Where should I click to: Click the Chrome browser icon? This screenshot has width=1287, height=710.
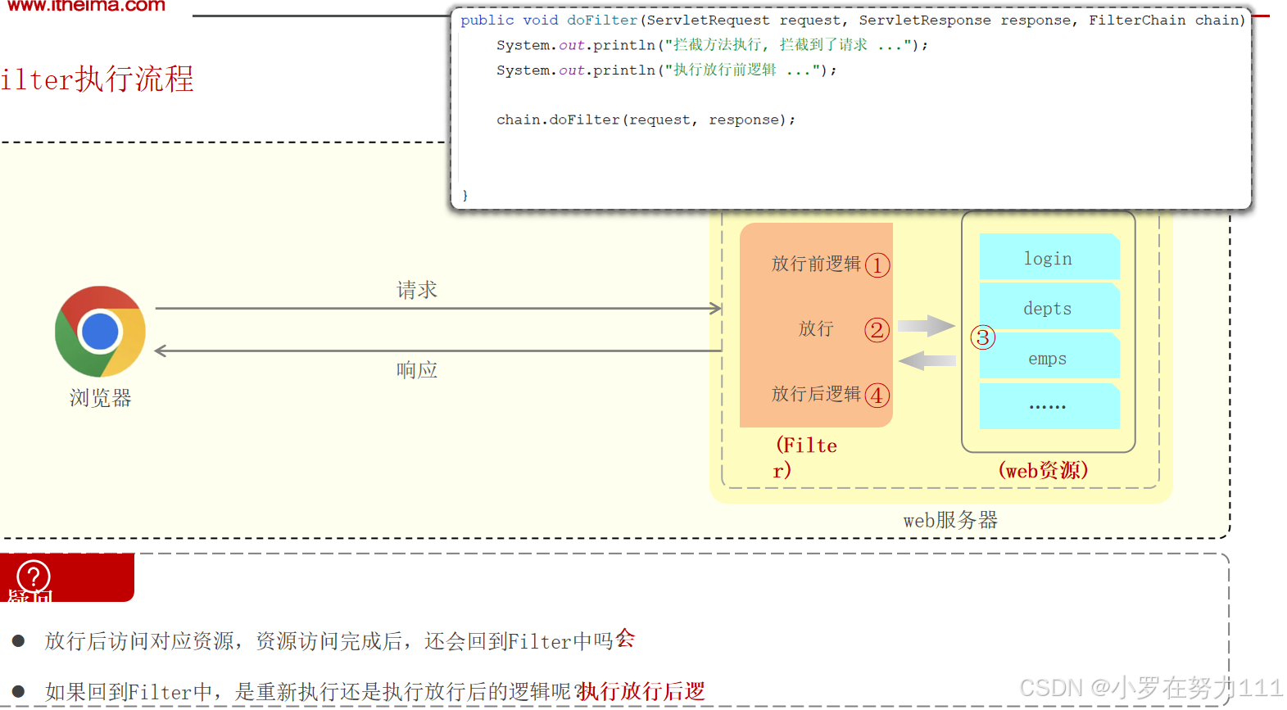pyautogui.click(x=100, y=331)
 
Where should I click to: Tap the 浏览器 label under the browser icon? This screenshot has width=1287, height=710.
pyautogui.click(x=100, y=398)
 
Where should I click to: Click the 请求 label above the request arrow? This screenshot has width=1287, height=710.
pyautogui.click(x=417, y=290)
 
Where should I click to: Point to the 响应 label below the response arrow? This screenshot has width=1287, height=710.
pyautogui.click(x=417, y=370)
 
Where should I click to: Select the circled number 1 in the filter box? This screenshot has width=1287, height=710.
pyautogui.click(x=877, y=265)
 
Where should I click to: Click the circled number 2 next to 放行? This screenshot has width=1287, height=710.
pyautogui.click(x=877, y=330)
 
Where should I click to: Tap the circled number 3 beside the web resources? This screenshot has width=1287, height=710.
pyautogui.click(x=982, y=337)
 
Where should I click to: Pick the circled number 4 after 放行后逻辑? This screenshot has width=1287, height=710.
pyautogui.click(x=877, y=396)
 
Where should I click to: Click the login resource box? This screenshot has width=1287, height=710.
pyautogui.click(x=1049, y=258)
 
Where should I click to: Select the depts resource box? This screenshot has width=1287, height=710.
pyautogui.click(x=1049, y=308)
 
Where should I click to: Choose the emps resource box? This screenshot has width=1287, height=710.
pyautogui.click(x=1049, y=358)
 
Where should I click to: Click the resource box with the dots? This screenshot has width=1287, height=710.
pyautogui.click(x=1049, y=406)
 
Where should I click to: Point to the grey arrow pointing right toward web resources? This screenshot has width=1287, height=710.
pyautogui.click(x=926, y=325)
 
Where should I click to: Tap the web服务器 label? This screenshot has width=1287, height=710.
pyautogui.click(x=950, y=520)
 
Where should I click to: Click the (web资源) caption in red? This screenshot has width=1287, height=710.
pyautogui.click(x=1043, y=470)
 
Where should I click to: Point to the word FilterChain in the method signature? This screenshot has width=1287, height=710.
pyautogui.click(x=1137, y=20)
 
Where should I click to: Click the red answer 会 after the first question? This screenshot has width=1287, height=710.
pyautogui.click(x=625, y=638)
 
